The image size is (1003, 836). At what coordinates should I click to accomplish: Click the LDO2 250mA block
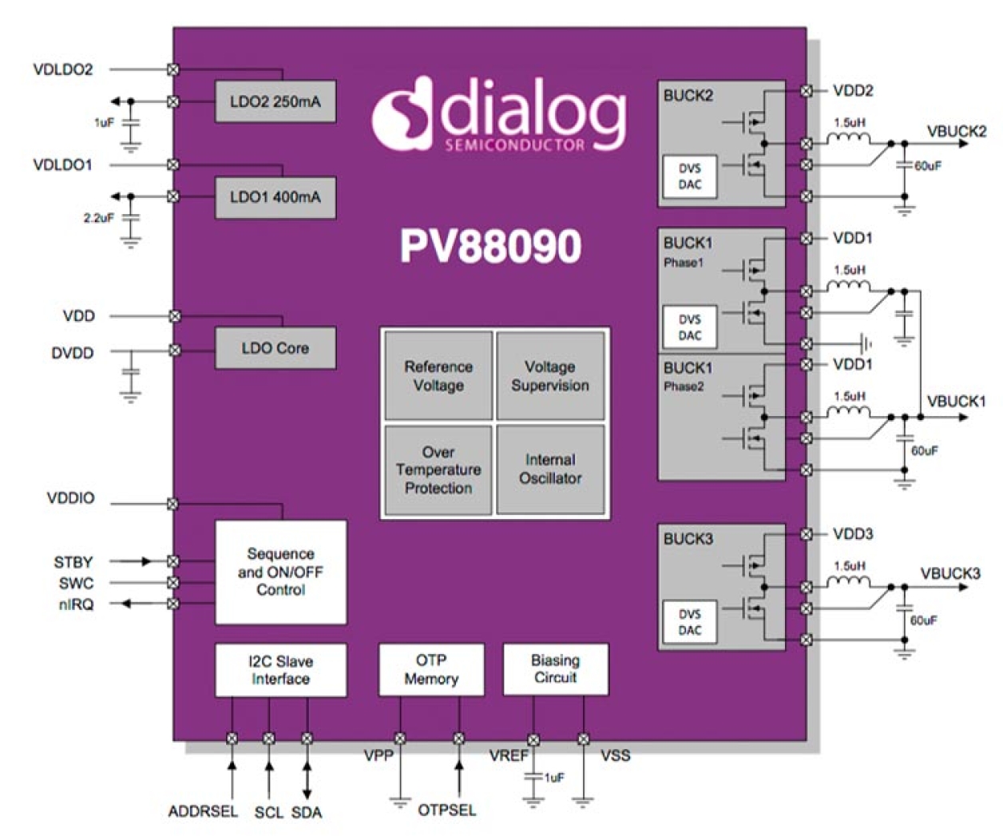275,101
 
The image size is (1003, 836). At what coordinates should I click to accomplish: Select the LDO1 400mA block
275,197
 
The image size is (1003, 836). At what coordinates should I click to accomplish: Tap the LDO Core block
275,348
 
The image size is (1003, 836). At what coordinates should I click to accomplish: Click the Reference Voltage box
438,376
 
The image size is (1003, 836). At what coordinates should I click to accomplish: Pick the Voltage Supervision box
550,376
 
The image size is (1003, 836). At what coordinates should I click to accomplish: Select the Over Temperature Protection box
438,470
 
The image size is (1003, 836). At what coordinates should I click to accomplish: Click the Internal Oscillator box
550,470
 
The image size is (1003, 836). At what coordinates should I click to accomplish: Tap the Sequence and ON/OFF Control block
280,572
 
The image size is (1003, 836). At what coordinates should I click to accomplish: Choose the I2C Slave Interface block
280,670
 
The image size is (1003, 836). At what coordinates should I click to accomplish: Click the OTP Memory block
430,670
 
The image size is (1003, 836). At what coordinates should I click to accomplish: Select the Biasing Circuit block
555,669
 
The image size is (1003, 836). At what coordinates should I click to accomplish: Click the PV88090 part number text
490,247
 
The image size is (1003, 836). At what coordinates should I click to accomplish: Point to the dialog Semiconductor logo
499,114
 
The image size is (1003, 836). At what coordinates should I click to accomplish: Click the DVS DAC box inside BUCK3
690,622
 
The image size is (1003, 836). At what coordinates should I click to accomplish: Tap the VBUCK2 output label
956,131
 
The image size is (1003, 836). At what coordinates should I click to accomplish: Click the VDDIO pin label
71,498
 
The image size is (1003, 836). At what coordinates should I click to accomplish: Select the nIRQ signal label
76,604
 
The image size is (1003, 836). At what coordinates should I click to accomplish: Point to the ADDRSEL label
203,811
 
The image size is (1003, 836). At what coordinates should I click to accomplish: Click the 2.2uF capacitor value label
99,217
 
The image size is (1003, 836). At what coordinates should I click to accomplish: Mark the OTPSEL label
446,810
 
